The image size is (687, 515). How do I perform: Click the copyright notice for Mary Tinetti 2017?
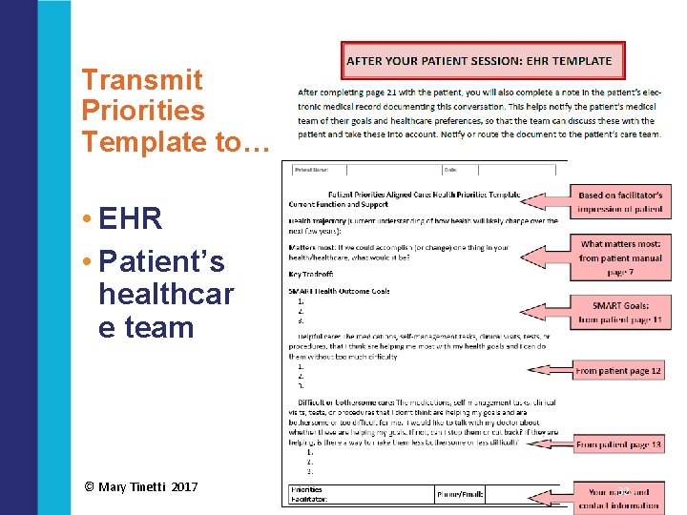click(x=141, y=486)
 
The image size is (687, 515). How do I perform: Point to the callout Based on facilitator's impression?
click(x=620, y=201)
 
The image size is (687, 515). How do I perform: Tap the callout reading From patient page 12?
click(x=618, y=370)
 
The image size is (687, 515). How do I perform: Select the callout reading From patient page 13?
click(x=618, y=444)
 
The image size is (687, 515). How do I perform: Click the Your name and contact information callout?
click(x=623, y=498)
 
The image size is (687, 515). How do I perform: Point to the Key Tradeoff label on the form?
click(x=310, y=274)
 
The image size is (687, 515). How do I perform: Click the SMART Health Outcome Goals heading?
click(x=339, y=291)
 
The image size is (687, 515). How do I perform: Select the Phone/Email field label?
click(x=461, y=494)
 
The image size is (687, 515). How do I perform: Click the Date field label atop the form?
click(x=450, y=170)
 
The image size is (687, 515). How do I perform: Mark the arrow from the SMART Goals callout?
click(x=543, y=312)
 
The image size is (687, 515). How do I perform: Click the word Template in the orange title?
click(x=142, y=142)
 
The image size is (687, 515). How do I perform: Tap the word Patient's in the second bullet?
click(x=161, y=260)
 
